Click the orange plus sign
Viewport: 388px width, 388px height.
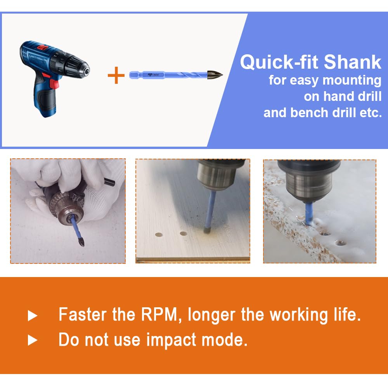[x=116, y=75]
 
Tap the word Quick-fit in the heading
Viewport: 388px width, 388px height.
[x=280, y=62]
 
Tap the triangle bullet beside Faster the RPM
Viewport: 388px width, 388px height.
[x=33, y=316]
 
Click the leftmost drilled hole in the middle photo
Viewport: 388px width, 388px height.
[x=159, y=234]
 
